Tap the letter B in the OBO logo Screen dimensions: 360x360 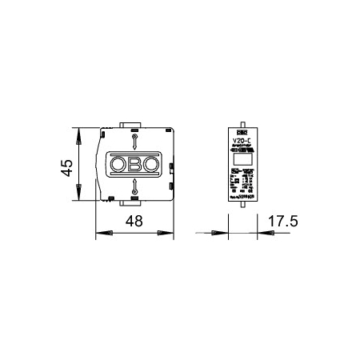point(134,165)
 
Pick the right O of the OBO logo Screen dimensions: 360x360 point(150,165)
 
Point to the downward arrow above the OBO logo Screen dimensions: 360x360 point(134,142)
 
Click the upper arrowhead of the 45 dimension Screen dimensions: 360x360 point(79,134)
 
